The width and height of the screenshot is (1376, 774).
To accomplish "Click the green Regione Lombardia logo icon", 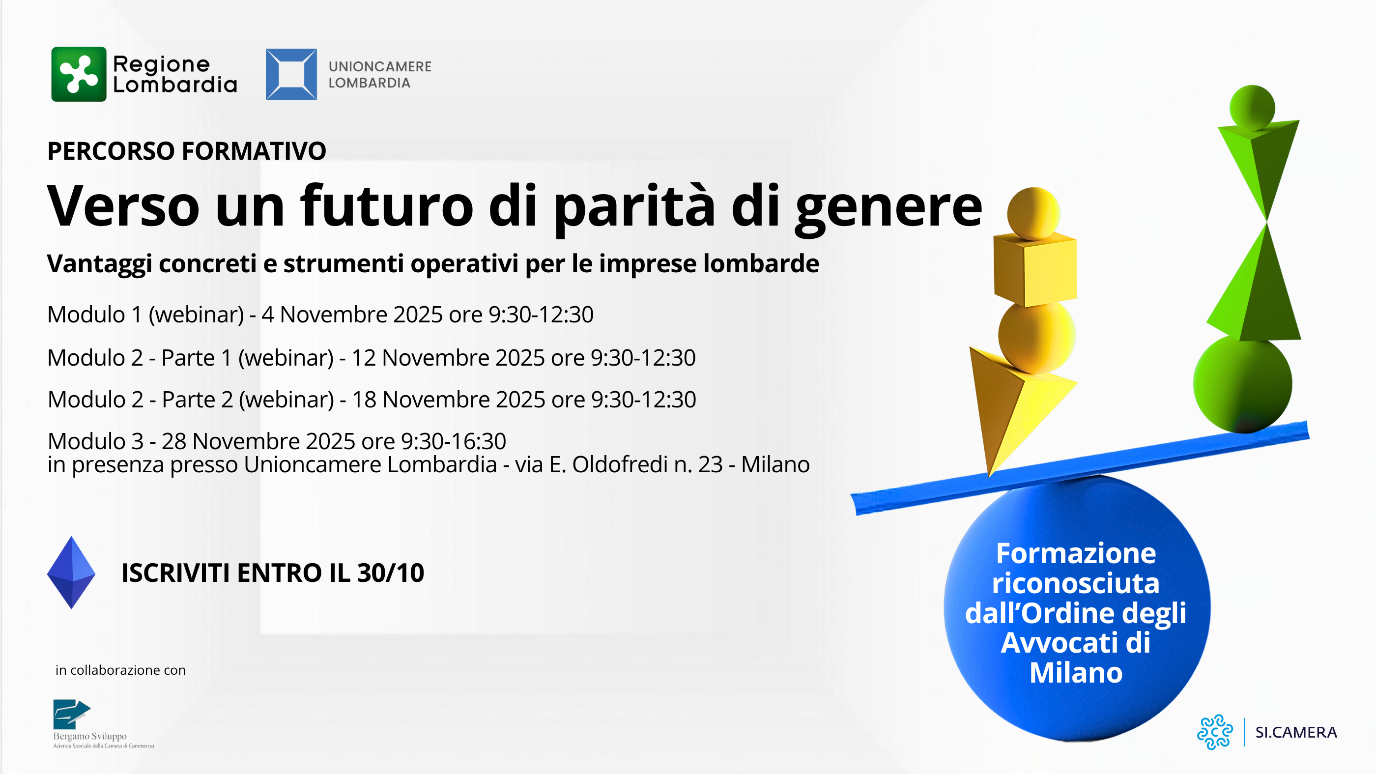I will click(79, 74).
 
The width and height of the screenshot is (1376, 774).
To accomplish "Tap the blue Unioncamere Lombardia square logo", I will click(291, 74).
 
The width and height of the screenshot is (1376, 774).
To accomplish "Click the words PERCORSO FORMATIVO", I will click(186, 151).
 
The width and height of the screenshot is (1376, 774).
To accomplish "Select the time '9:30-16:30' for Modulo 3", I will click(453, 442).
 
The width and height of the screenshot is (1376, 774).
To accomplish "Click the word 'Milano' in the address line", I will click(774, 465).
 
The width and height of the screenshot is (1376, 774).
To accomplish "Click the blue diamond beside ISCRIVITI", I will click(71, 573).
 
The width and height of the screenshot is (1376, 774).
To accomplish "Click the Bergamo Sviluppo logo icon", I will click(71, 714).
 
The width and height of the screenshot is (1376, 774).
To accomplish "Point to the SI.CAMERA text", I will click(1296, 732).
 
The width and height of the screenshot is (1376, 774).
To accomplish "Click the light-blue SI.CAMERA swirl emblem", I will click(1215, 732).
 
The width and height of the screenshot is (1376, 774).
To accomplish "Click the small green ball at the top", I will click(1252, 107).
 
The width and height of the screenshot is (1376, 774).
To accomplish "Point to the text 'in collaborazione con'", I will click(121, 670).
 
